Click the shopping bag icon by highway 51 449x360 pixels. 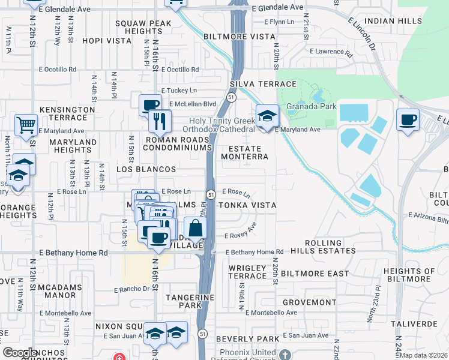pos(195,229)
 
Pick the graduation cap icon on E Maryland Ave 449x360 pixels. pos(267,116)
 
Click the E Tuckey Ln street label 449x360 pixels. pos(180,91)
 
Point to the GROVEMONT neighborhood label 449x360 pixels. pos(309,302)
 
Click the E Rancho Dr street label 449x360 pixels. pos(131,289)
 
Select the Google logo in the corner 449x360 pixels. pos(20,353)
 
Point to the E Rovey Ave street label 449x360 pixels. pos(240,233)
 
